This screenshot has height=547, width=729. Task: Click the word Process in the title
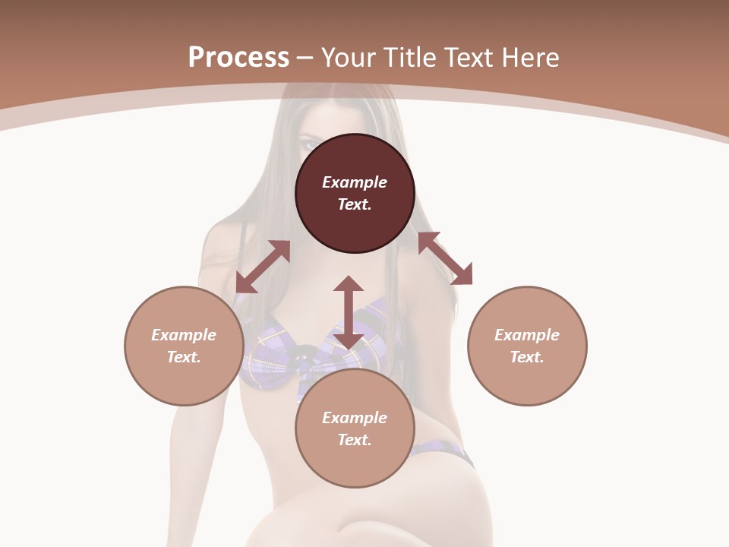coord(238,58)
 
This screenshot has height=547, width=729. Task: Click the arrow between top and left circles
coord(263,267)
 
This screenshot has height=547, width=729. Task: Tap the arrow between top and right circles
coord(445,258)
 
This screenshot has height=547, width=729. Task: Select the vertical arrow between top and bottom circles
coord(349,312)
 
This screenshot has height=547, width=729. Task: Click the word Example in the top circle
coord(355,182)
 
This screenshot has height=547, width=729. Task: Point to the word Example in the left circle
coord(184,335)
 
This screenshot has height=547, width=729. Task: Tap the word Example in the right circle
coord(527,335)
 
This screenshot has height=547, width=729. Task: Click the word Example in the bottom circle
coord(355,418)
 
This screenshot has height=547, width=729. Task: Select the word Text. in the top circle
coord(355,204)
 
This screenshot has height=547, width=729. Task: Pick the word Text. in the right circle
coord(527,357)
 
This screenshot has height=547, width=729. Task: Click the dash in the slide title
coord(305,58)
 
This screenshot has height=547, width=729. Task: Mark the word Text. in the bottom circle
coord(355,440)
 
